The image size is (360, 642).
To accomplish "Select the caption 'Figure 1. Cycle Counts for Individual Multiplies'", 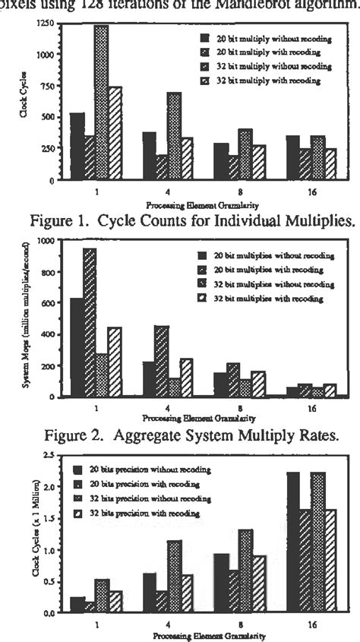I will (x=180, y=221).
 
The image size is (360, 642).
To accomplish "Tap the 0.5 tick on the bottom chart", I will (x=51, y=581).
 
